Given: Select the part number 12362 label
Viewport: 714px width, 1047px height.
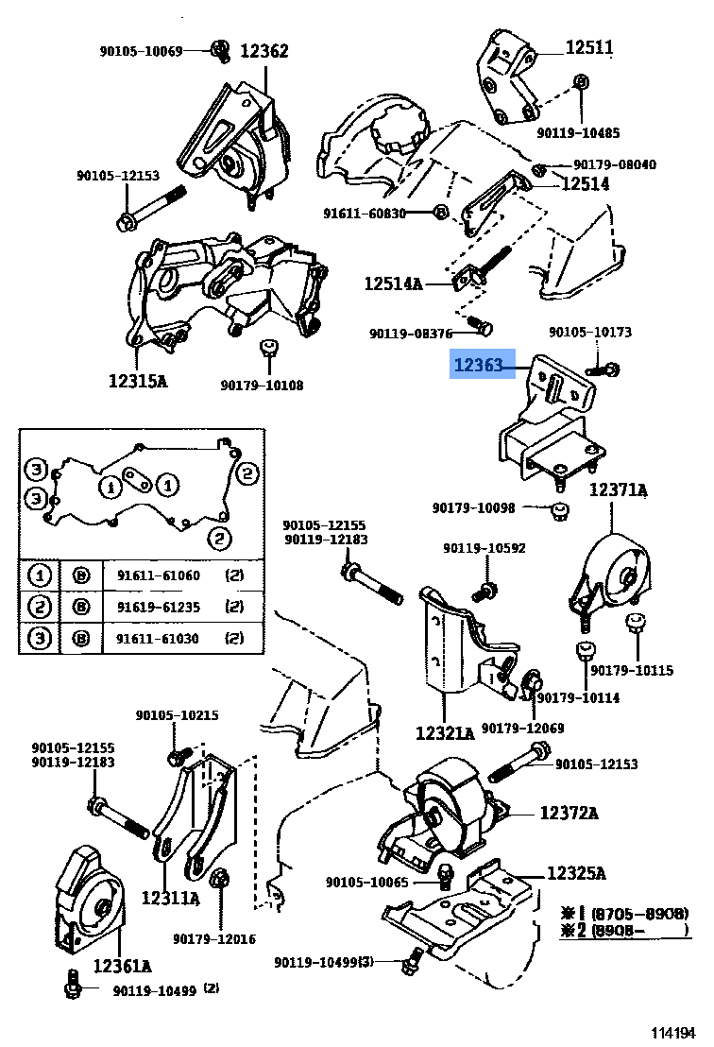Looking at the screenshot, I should tap(263, 51).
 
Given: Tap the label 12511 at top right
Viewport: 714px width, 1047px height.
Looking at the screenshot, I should tap(590, 46).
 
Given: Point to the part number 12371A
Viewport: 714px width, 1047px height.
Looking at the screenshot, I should tap(619, 490).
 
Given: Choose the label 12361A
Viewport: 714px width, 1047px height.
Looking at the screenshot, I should tap(123, 966).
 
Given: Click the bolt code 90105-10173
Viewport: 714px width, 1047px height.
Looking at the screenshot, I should tap(590, 333).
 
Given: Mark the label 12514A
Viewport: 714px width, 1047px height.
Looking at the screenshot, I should tap(394, 283).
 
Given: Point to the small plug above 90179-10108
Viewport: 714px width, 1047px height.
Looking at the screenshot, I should tap(268, 349).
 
